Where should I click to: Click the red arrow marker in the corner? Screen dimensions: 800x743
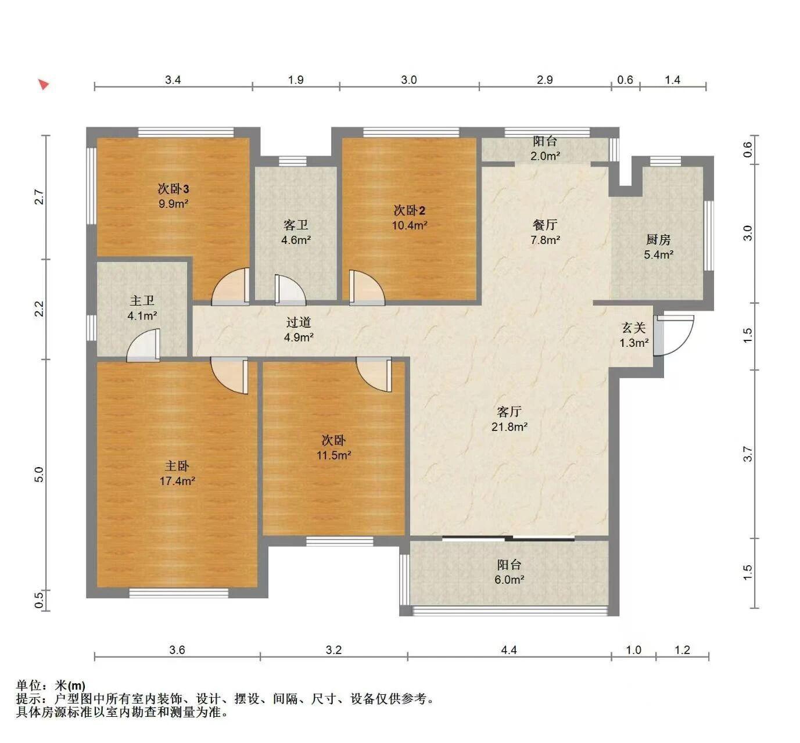[44, 84]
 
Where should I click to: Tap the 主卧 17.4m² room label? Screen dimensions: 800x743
[177, 473]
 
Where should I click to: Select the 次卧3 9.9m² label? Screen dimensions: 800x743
[173, 196]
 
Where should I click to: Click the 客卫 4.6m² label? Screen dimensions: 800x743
[296, 232]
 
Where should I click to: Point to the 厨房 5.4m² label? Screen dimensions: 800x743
[659, 246]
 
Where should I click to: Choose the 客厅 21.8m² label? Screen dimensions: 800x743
[509, 419]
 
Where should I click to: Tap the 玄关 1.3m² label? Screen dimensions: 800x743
[634, 335]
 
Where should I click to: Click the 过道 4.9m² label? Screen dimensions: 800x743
[299, 329]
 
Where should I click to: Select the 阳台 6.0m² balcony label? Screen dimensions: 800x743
[509, 572]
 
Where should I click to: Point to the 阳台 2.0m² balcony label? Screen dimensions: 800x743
[545, 148]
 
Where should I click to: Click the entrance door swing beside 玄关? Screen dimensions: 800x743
[673, 335]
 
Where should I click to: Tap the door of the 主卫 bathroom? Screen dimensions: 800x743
[144, 345]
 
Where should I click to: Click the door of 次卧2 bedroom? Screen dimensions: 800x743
[367, 288]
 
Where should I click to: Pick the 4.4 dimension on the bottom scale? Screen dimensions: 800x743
[509, 650]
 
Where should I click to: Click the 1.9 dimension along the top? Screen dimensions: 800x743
[296, 80]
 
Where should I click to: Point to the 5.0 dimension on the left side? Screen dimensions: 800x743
[39, 475]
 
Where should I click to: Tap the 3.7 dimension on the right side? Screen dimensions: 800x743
[748, 454]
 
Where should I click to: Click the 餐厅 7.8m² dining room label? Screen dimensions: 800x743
[545, 232]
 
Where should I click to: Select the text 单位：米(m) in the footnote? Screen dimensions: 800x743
[51, 685]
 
